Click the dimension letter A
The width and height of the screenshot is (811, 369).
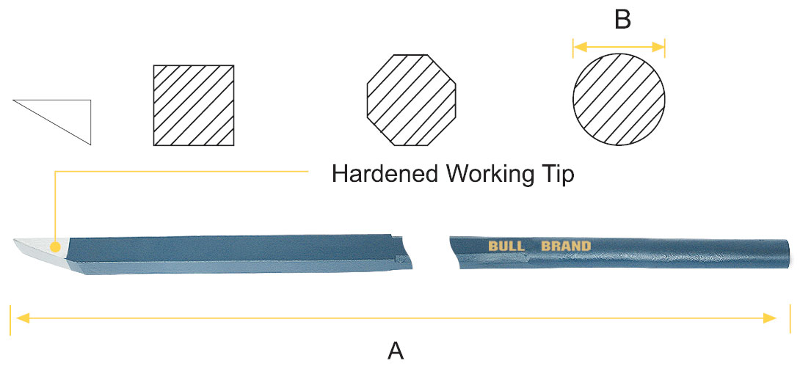[396, 351]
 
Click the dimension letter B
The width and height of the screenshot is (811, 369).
[622, 20]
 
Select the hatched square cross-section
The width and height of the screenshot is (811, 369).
[194, 106]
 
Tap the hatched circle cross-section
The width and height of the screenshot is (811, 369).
[619, 99]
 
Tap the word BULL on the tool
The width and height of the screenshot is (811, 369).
[506, 245]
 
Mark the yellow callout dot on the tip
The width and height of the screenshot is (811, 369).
[54, 246]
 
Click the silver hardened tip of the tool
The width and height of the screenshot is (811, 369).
[33, 249]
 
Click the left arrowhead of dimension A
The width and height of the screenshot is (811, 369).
[22, 318]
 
